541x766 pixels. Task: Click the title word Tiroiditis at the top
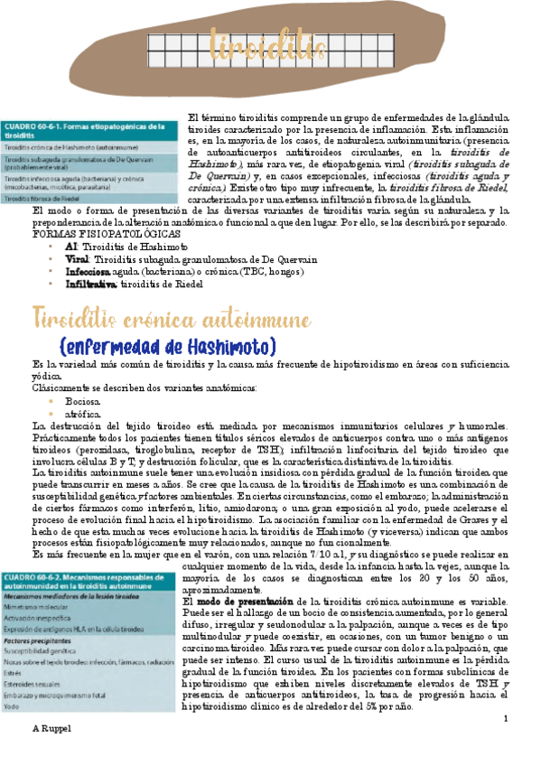(255, 43)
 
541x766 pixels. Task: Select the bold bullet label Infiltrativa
(91, 284)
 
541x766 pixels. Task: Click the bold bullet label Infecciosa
(90, 271)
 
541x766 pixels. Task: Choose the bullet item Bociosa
(82, 400)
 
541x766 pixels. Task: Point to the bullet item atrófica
(82, 413)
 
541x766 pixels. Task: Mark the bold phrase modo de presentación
(238, 601)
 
